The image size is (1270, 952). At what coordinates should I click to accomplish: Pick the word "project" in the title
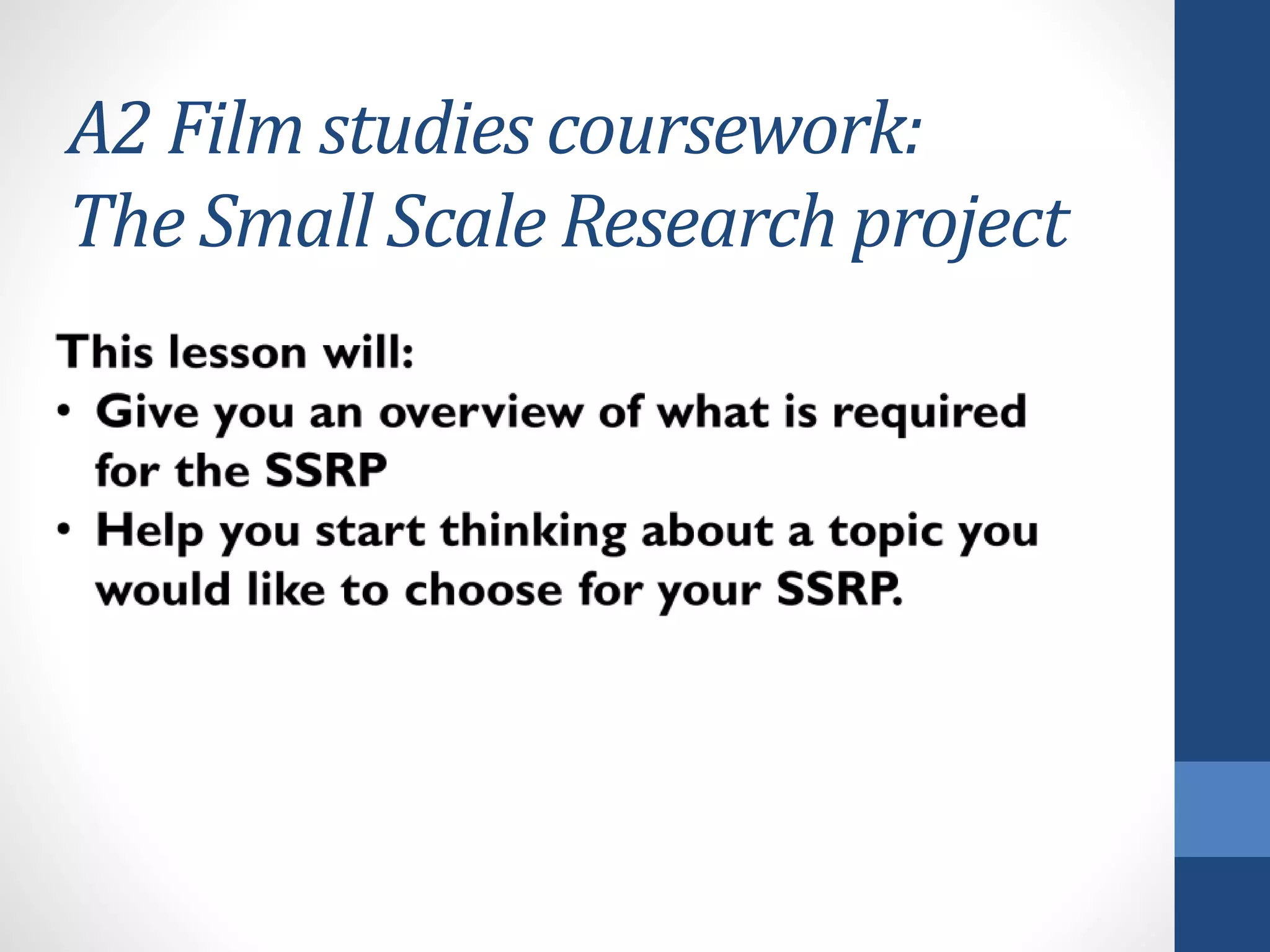coord(961,226)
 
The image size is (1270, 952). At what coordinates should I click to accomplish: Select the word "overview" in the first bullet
coord(481,412)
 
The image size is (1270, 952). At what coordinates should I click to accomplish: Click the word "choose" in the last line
coord(483,590)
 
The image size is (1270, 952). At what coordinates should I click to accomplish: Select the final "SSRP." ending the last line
coord(840,590)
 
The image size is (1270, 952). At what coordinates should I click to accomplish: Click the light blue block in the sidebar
coord(1222,809)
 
